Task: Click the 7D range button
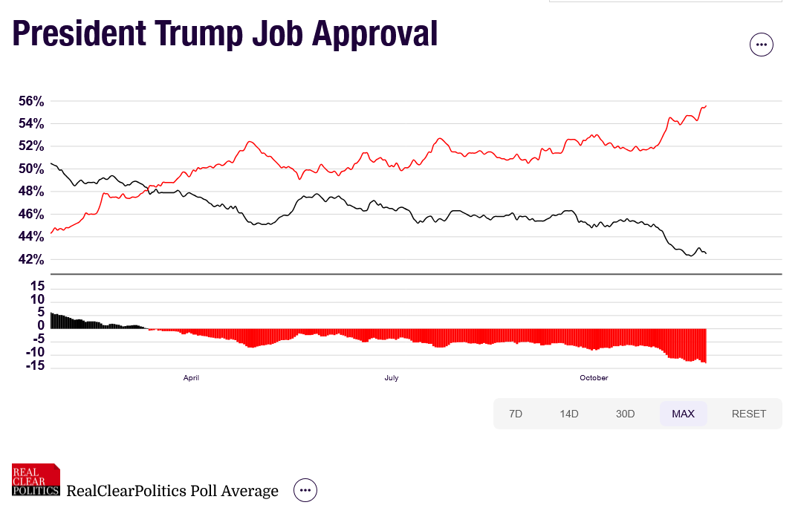(516, 414)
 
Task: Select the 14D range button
(569, 414)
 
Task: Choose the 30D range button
(626, 414)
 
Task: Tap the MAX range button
(683, 414)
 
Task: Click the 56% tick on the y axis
(31, 101)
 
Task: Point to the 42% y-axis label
(31, 259)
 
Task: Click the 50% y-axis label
(31, 169)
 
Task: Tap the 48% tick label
(31, 192)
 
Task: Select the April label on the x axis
(191, 378)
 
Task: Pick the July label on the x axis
(392, 378)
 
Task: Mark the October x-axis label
(594, 378)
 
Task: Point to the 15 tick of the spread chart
(38, 287)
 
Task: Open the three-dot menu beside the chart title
(761, 45)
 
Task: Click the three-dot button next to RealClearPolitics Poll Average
(305, 490)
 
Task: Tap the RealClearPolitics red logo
(36, 480)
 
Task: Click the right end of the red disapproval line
(705, 105)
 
